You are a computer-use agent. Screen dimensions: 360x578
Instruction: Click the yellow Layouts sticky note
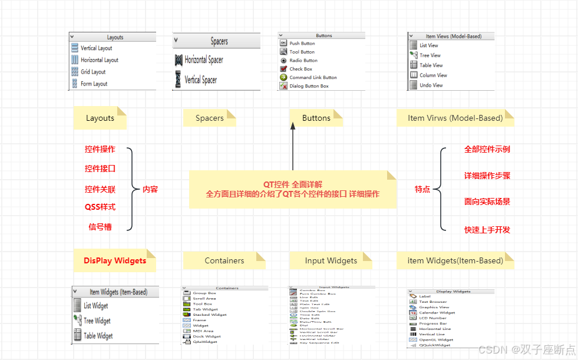pos(100,118)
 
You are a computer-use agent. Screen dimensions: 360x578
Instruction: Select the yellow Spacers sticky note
pos(209,118)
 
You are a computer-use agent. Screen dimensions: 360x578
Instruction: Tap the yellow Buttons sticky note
pos(316,118)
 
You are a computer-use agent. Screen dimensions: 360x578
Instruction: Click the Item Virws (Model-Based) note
pos(455,118)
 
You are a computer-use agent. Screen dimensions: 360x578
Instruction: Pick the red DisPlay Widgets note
pos(115,260)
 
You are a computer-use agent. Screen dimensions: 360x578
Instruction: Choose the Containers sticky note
pos(224,260)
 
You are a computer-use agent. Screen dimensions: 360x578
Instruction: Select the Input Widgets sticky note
pos(331,260)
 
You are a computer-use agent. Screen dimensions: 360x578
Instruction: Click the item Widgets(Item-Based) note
pos(455,260)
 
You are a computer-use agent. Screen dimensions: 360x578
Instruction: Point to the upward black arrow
pos(292,147)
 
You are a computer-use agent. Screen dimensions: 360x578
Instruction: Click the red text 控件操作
pos(100,149)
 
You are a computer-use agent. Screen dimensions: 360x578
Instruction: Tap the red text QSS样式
pos(100,207)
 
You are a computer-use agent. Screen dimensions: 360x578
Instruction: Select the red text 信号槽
pos(100,226)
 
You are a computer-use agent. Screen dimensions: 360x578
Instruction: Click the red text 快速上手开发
pos(487,230)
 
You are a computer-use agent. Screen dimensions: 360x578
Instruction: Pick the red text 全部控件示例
pos(487,149)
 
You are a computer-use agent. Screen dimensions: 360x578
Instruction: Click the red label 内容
pos(150,189)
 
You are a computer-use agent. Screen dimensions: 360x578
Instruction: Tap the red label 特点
pos(422,189)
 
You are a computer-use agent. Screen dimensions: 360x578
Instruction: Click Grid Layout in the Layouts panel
pos(93,72)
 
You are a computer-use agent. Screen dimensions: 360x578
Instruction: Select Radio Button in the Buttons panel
pos(303,60)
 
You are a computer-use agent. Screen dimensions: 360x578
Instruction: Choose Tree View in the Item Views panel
pos(430,55)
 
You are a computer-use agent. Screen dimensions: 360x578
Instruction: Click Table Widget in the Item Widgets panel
pos(97,336)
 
